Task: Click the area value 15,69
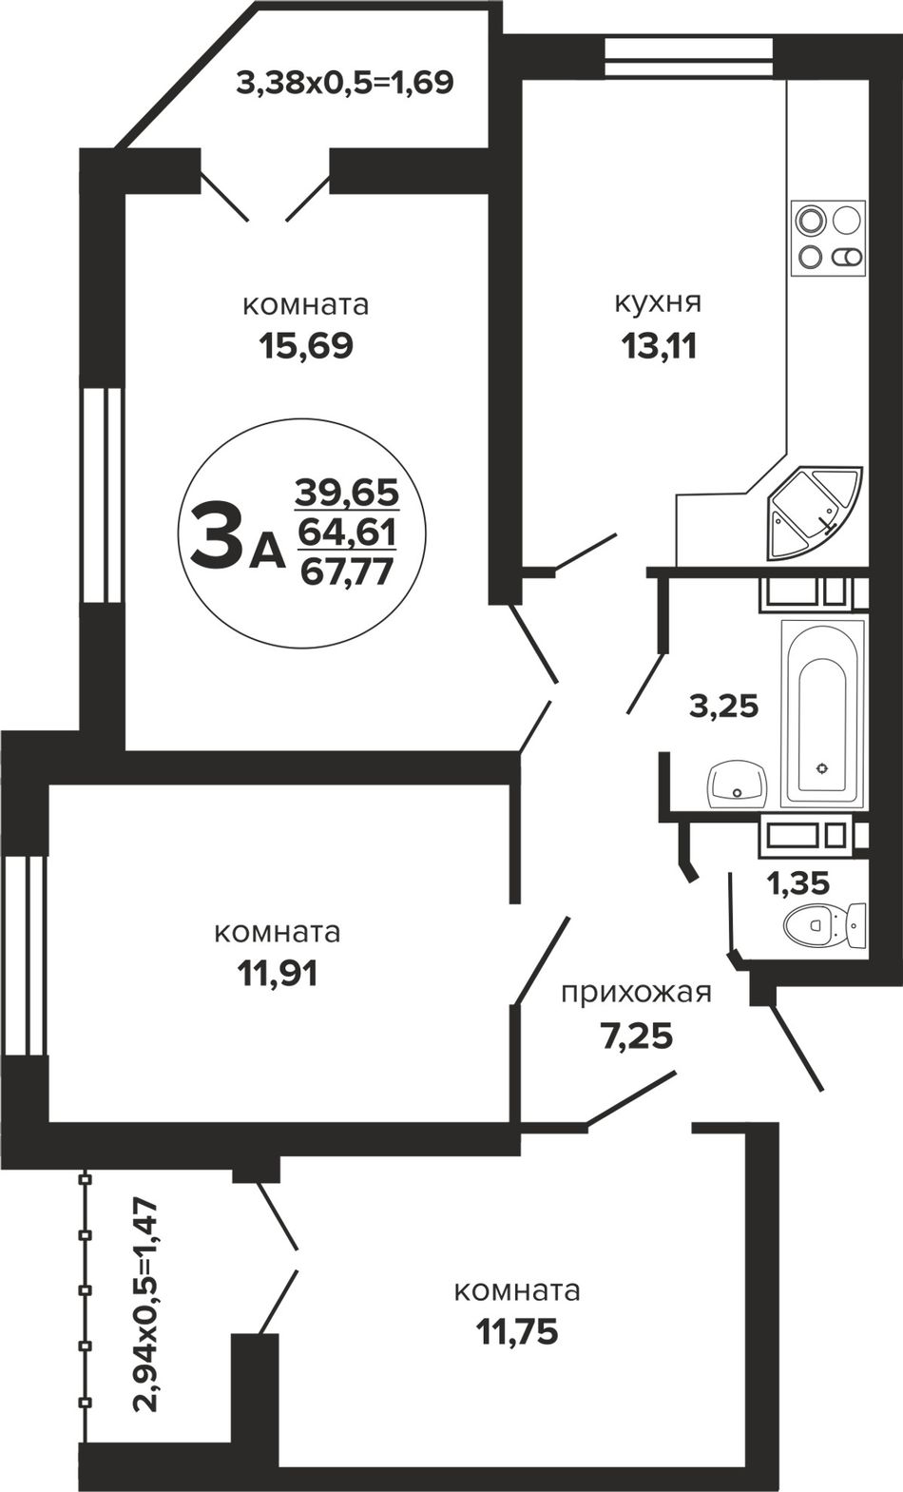coord(306,346)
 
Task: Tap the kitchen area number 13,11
coord(659,346)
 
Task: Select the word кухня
coord(658,303)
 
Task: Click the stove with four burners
coord(829,239)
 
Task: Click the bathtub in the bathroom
coord(824,713)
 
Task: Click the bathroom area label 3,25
coord(724,707)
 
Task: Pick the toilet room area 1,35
coord(797,883)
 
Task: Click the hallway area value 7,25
coord(637,1037)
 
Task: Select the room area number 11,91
coord(277,975)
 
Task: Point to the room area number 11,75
coord(517,1331)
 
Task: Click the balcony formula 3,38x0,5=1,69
coord(346,83)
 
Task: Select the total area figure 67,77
coord(346,572)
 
